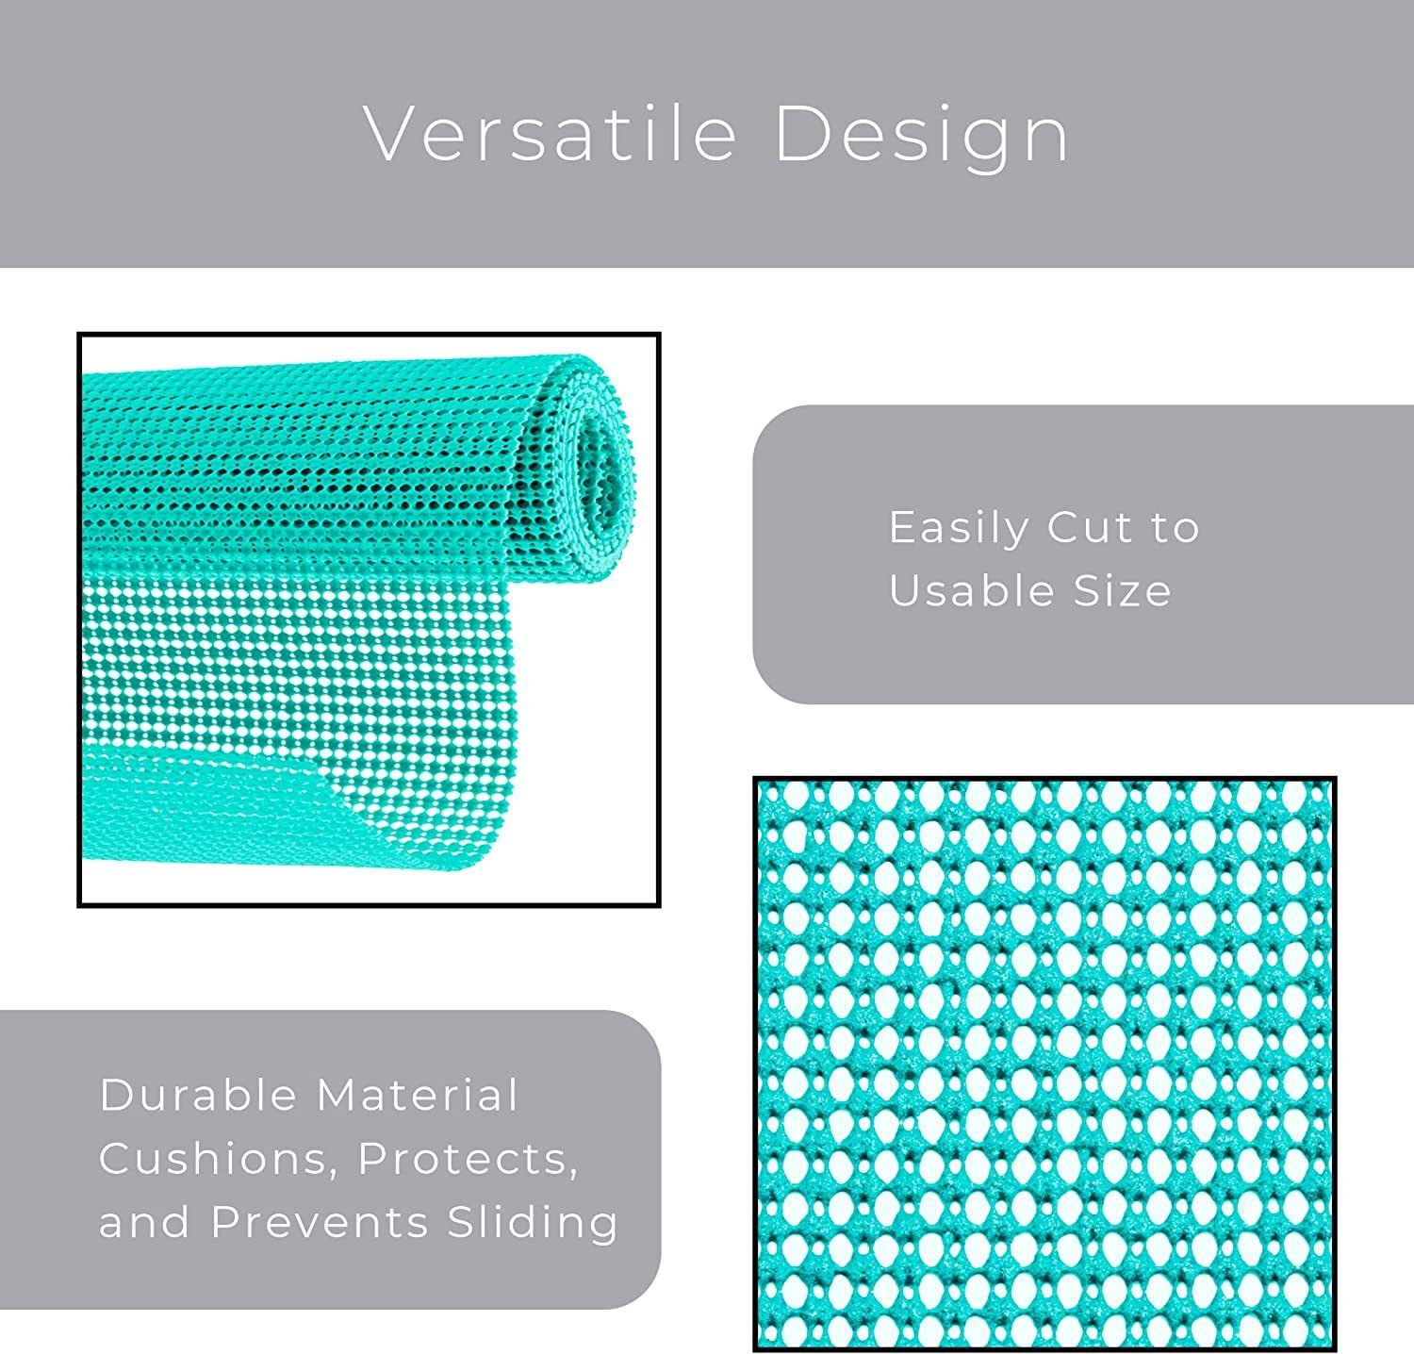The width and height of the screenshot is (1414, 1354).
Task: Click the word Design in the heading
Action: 922,136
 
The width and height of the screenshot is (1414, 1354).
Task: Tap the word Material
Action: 418,1095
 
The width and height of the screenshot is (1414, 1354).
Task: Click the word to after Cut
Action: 1175,529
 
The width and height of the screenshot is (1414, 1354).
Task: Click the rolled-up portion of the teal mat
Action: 358,467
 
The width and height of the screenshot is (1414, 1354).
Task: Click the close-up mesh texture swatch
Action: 1044,1064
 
